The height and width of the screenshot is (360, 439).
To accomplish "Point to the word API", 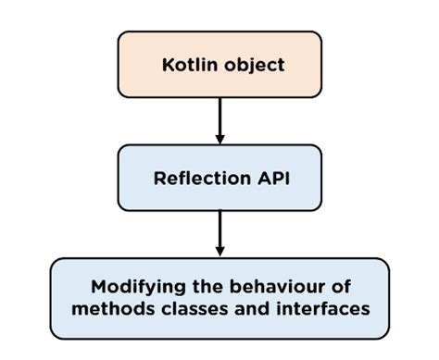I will [x=271, y=178].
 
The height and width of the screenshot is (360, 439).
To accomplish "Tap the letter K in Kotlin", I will [x=168, y=68].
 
